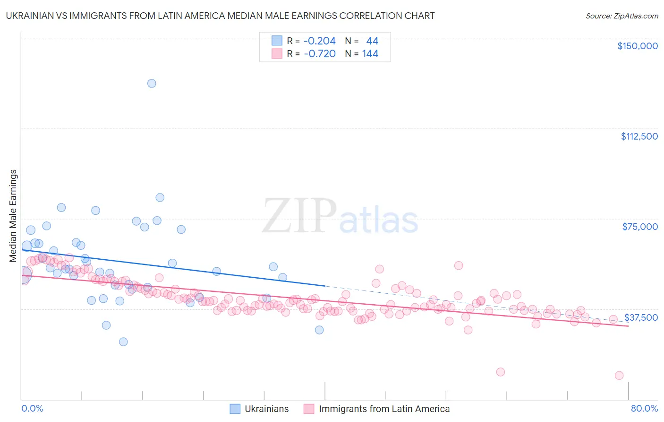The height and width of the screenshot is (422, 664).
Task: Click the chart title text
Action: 220,16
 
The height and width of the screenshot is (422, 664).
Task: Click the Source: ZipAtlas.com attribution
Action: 621,16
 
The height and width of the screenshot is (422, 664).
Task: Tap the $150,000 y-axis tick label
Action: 637,46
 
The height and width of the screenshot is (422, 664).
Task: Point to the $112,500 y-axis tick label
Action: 639,136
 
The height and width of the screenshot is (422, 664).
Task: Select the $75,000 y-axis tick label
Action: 640,227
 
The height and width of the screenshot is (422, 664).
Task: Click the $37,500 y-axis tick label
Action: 641,317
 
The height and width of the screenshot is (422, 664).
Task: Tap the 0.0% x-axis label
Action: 32,408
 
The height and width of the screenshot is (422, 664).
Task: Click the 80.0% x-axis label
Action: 644,408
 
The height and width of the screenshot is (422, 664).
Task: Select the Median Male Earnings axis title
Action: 13,216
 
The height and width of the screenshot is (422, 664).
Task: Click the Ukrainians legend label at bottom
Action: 266,409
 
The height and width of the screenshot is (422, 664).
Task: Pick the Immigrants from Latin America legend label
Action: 384,409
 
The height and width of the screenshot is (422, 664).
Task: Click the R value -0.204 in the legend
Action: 319,41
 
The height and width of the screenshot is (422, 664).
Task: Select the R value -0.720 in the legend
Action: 319,54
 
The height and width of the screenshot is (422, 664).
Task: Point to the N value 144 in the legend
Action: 370,54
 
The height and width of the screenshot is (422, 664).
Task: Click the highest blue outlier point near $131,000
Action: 152,83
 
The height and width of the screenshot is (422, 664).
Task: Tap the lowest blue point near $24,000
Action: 123,342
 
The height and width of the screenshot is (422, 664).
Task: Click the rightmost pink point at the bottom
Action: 619,376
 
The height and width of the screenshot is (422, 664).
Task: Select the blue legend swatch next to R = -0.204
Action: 277,41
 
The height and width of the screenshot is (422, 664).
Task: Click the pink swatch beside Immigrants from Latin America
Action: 309,409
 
